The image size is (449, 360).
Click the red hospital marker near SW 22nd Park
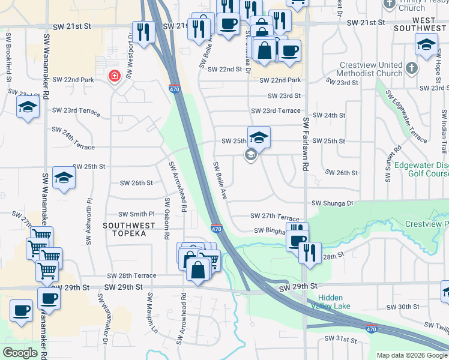(113, 76)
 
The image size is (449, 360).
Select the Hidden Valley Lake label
(335, 302)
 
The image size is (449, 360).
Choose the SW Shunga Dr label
(333, 203)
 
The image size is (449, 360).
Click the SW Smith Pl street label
(136, 214)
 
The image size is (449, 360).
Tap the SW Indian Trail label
(444, 131)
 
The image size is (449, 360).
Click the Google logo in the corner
(20, 353)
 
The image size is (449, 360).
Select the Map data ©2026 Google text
(411, 355)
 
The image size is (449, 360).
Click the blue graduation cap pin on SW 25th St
(259, 137)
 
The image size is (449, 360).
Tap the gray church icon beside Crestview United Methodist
(411, 67)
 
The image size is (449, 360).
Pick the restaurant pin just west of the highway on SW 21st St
(143, 31)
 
